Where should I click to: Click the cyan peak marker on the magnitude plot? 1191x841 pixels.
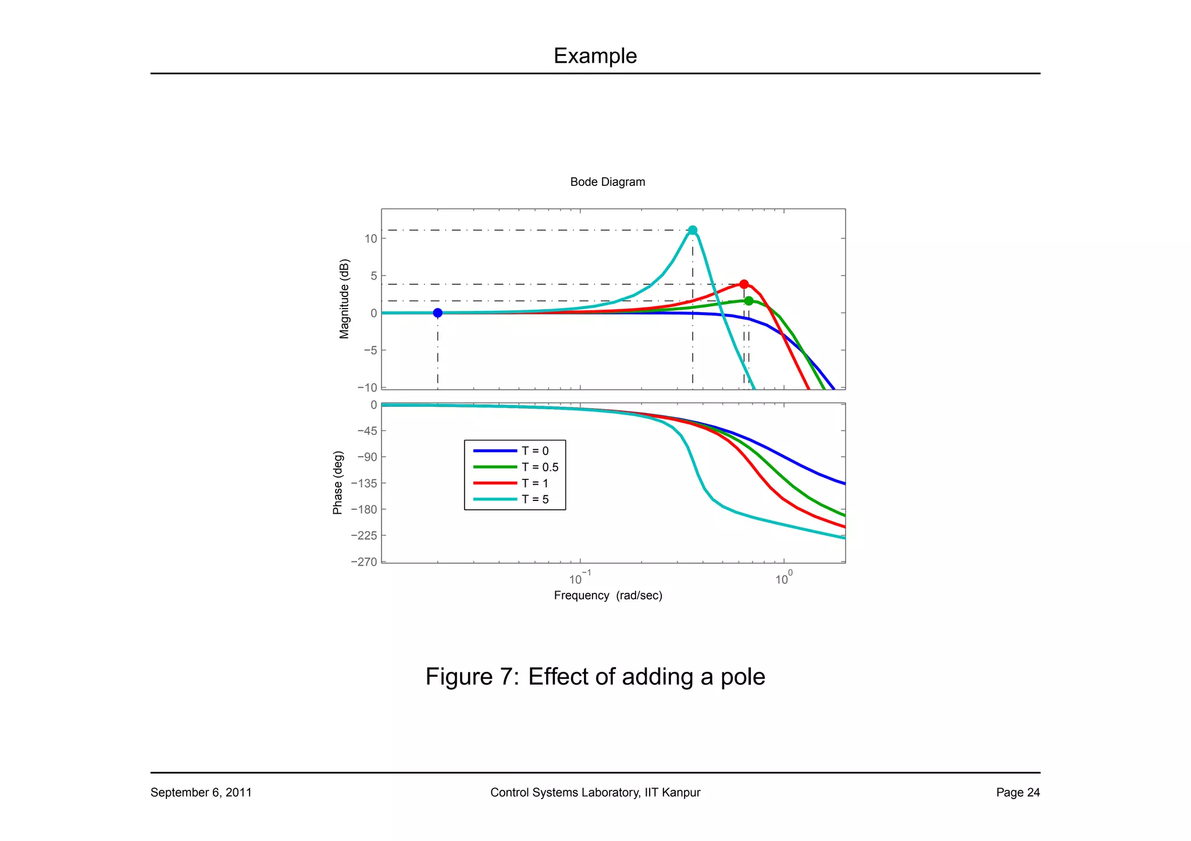[x=692, y=230]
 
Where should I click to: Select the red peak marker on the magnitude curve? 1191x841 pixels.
[x=744, y=284]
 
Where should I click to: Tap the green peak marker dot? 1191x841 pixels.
[x=748, y=300]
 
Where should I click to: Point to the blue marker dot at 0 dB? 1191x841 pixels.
[x=438, y=313]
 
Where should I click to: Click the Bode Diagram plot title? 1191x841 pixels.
[x=607, y=182]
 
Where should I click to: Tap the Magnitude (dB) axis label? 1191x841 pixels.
[x=344, y=299]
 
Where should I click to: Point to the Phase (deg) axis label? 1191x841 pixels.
[x=337, y=482]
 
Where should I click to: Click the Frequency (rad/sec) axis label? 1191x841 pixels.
[x=608, y=595]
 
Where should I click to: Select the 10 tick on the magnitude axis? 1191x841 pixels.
[x=371, y=239]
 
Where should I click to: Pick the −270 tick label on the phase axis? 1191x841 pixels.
[x=364, y=562]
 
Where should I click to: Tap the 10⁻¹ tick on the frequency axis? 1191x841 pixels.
[x=579, y=579]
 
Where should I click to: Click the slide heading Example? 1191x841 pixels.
[x=595, y=56]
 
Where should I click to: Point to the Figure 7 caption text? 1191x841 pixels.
[x=595, y=677]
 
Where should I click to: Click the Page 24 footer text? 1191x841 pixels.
[x=1018, y=792]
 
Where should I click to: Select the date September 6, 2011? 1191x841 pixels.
[x=201, y=792]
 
